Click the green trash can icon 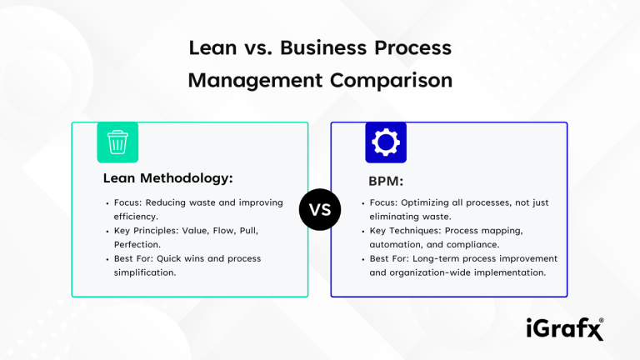click(x=117, y=142)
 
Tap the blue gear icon click(x=386, y=142)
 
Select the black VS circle click(x=320, y=210)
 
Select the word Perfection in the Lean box click(x=137, y=245)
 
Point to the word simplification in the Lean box click(x=145, y=272)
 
